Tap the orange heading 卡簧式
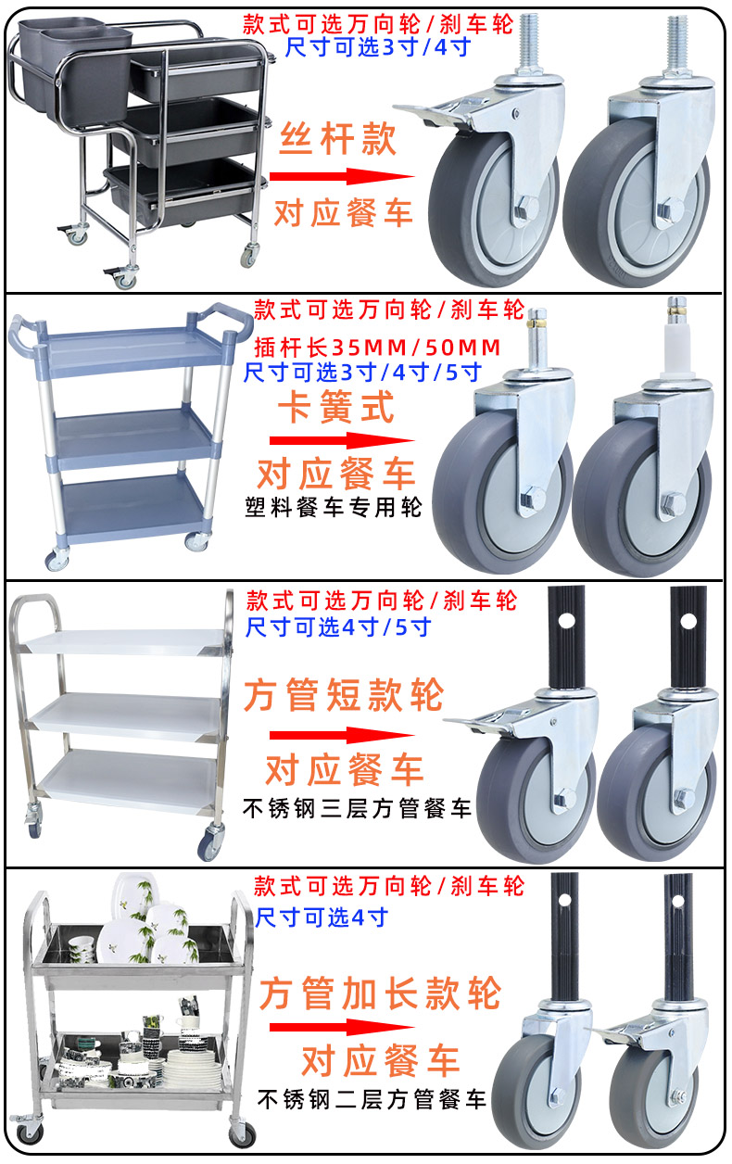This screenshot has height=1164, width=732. pos(337,407)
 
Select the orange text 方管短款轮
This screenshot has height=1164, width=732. pos(344,695)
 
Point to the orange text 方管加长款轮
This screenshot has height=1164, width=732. pos(381,994)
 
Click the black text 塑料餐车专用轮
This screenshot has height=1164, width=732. pos(334,507)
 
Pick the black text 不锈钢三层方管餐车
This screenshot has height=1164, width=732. pos(357,807)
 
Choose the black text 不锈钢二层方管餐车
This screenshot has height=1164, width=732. pos(371,1100)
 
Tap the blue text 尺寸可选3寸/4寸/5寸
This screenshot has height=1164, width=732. pos(362,373)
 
